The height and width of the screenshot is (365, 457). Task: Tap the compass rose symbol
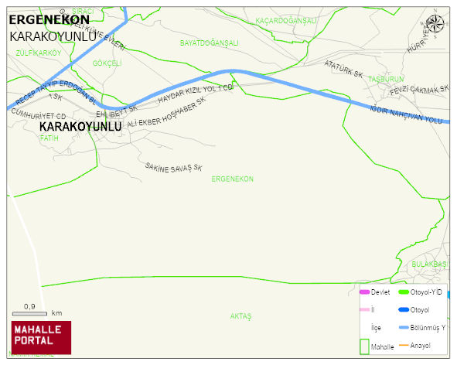[x=435, y=25]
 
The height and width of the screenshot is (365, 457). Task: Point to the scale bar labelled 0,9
[x=30, y=311]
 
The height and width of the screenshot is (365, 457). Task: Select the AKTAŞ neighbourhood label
[x=241, y=316]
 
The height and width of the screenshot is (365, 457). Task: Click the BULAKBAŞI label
[x=429, y=264]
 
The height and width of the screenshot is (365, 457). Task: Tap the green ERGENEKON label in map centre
[x=232, y=179]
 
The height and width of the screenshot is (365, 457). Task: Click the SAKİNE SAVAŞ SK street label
[x=173, y=167]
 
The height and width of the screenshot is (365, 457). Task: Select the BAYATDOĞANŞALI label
[x=209, y=43]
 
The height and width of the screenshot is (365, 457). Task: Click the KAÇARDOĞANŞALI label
[x=286, y=21]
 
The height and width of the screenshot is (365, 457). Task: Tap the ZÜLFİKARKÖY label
[x=38, y=53]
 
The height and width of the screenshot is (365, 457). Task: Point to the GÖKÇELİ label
[x=107, y=63]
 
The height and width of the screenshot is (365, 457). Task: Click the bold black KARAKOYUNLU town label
[x=80, y=126]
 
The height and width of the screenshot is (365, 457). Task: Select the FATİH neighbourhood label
[x=49, y=138]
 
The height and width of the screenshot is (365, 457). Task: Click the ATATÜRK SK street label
[x=344, y=69]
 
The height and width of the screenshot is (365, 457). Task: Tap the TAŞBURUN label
[x=386, y=80]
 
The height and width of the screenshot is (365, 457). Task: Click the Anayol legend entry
[x=420, y=345]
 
